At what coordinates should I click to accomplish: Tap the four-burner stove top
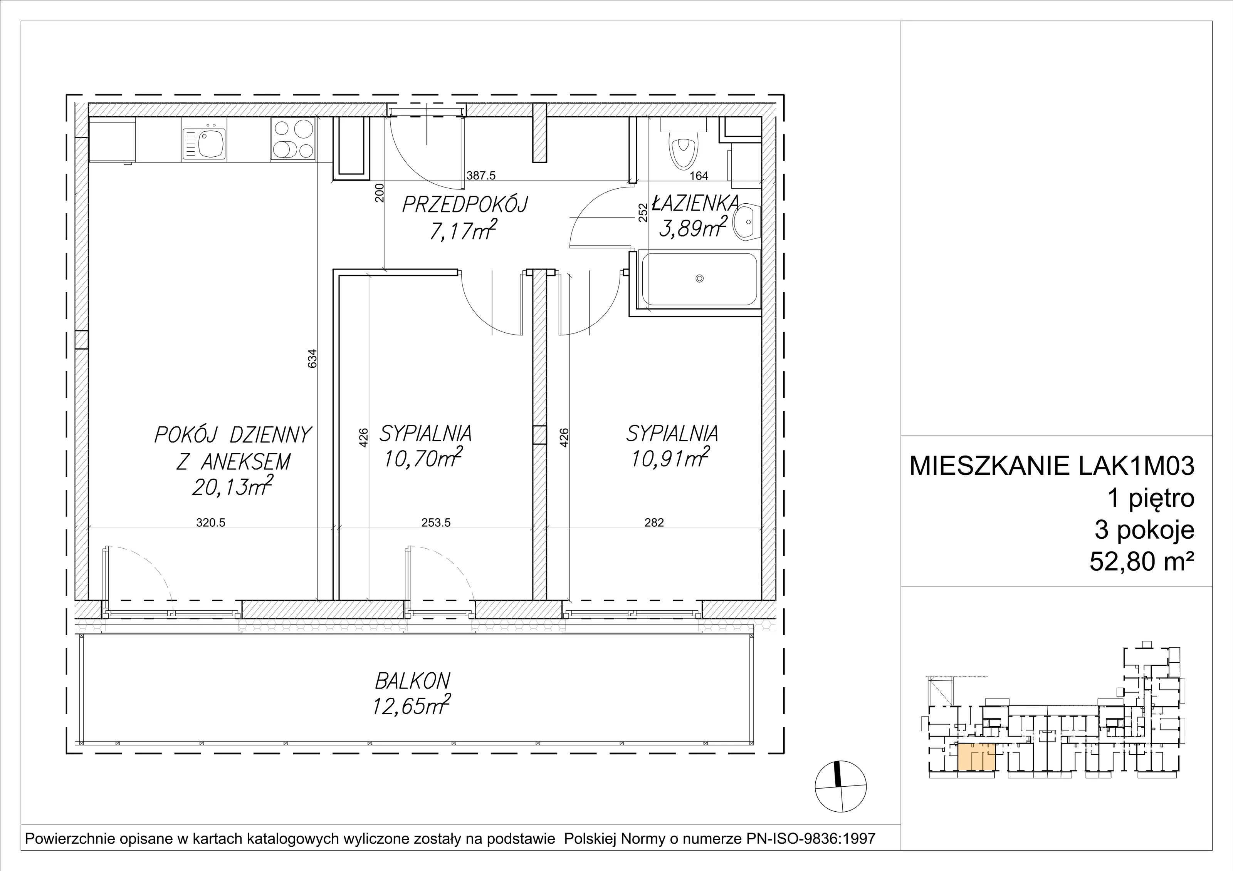click(293, 139)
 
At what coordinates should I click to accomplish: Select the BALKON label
click(412, 681)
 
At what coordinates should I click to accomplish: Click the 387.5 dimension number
click(480, 176)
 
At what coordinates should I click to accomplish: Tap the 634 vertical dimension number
click(312, 358)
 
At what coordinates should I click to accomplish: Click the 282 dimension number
click(654, 522)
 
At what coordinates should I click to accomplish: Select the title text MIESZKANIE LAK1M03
click(1052, 466)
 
